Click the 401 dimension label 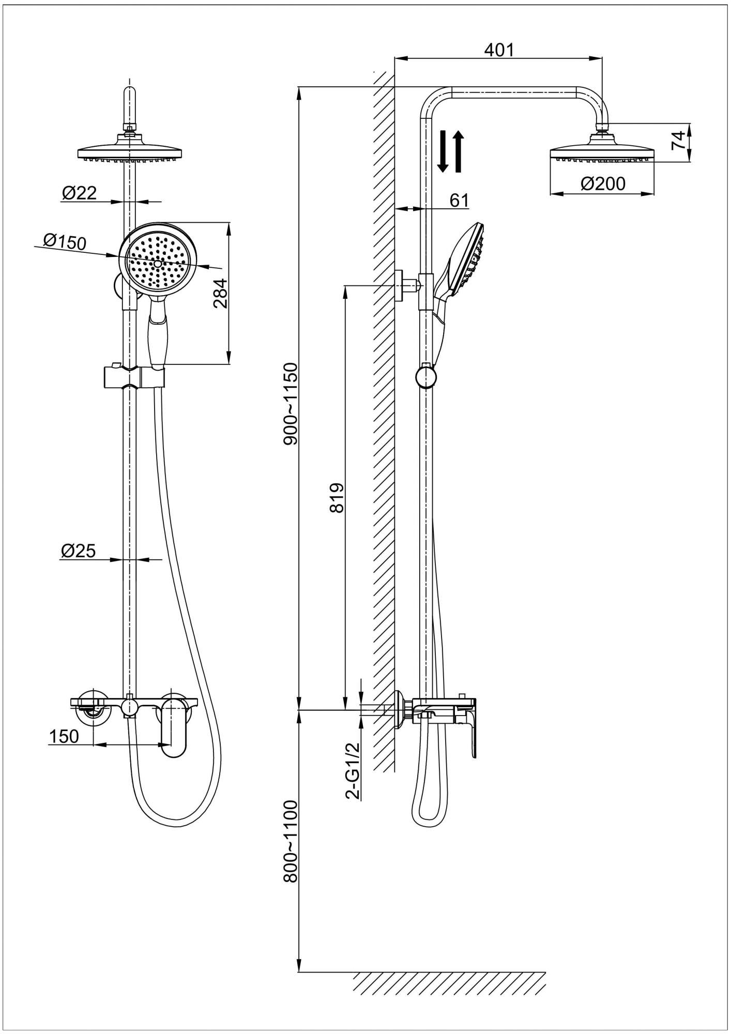(499, 50)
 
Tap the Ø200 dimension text (602, 184)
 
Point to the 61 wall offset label (459, 200)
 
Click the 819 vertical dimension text (337, 498)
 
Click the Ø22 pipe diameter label (79, 193)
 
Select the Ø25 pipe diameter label (78, 551)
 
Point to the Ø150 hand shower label (65, 241)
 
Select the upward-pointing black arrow (459, 151)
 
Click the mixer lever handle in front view (174, 727)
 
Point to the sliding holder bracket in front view (133, 376)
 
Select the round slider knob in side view (425, 376)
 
